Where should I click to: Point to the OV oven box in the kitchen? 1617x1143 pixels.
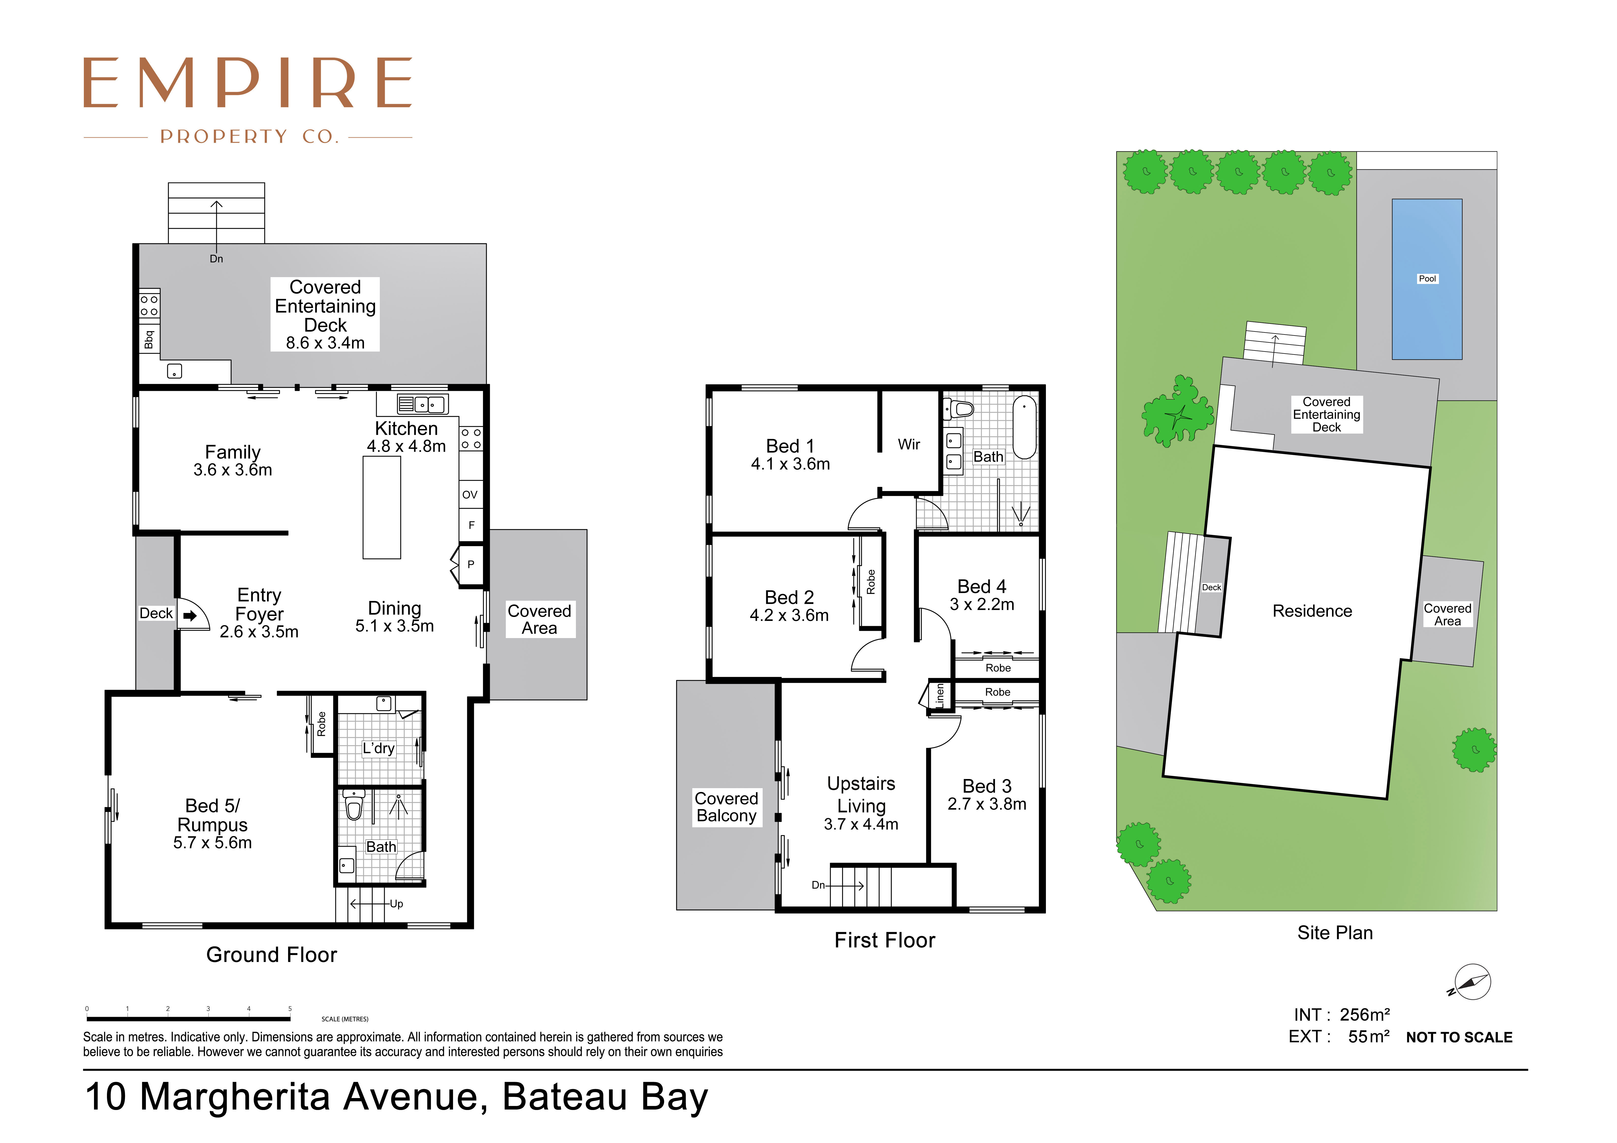470,494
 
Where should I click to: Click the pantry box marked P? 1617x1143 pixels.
471,564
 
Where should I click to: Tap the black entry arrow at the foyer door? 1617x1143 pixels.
190,615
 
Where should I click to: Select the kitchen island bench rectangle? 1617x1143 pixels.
382,507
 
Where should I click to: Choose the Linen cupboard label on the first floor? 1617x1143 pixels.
939,695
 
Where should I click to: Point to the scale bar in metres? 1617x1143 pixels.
188,1018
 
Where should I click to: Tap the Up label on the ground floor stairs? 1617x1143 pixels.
397,904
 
